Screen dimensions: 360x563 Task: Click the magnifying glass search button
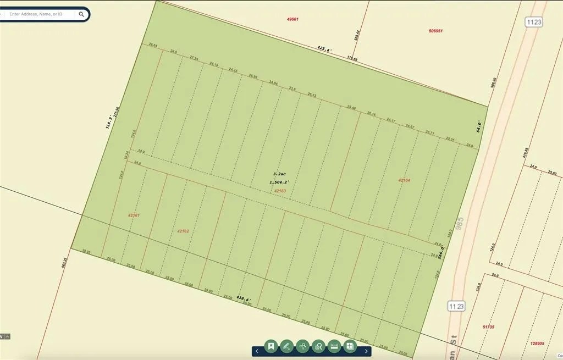(81, 14)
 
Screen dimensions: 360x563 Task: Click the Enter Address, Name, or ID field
(38, 14)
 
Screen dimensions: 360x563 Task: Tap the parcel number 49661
(292, 19)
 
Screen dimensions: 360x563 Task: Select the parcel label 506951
(435, 31)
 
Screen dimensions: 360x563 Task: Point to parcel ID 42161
(134, 215)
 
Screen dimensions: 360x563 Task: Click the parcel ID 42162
(183, 231)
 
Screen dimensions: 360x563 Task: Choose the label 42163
(280, 191)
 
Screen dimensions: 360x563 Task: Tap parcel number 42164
(404, 180)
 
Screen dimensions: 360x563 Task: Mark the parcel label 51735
(488, 327)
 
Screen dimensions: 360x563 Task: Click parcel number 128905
(538, 344)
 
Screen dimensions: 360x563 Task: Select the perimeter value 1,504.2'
(279, 182)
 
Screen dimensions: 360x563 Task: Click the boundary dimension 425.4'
(324, 49)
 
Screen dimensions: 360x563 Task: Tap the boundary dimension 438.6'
(244, 298)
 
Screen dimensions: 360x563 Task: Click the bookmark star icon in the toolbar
(271, 346)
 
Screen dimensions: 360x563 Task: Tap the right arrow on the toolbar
(367, 351)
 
